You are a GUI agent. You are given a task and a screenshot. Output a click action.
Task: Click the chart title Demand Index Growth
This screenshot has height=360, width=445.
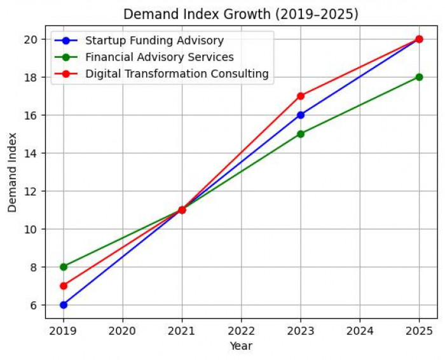[242, 13]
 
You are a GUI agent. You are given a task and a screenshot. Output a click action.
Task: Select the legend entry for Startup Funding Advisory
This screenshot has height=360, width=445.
[154, 41]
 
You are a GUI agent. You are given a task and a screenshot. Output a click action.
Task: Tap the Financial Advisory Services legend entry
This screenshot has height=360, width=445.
[160, 57]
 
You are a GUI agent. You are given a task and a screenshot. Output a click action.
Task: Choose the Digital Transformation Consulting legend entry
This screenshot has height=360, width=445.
[177, 74]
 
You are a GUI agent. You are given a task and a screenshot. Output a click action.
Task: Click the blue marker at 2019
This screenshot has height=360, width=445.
[64, 305]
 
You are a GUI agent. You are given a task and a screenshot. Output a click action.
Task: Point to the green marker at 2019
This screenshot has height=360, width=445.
[64, 267]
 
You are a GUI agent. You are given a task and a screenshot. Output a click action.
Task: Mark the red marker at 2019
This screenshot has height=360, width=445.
[64, 286]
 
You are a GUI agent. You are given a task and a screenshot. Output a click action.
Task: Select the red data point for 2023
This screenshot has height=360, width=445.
[301, 96]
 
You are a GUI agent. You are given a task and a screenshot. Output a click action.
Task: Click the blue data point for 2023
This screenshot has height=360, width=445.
[301, 115]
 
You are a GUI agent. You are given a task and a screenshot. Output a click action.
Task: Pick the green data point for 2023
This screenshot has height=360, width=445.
[301, 134]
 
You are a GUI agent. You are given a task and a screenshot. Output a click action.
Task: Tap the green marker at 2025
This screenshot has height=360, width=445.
[419, 77]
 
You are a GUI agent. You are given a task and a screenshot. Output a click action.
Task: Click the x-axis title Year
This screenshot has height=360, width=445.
[242, 346]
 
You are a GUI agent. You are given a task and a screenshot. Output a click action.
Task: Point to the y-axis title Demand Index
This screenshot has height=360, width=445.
[13, 172]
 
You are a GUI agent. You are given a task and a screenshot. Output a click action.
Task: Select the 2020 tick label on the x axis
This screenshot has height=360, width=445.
[123, 330]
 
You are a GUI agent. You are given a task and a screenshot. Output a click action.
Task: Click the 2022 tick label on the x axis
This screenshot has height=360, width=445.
[242, 330]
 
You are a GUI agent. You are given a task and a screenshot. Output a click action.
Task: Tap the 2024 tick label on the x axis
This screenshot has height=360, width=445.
[360, 330]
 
